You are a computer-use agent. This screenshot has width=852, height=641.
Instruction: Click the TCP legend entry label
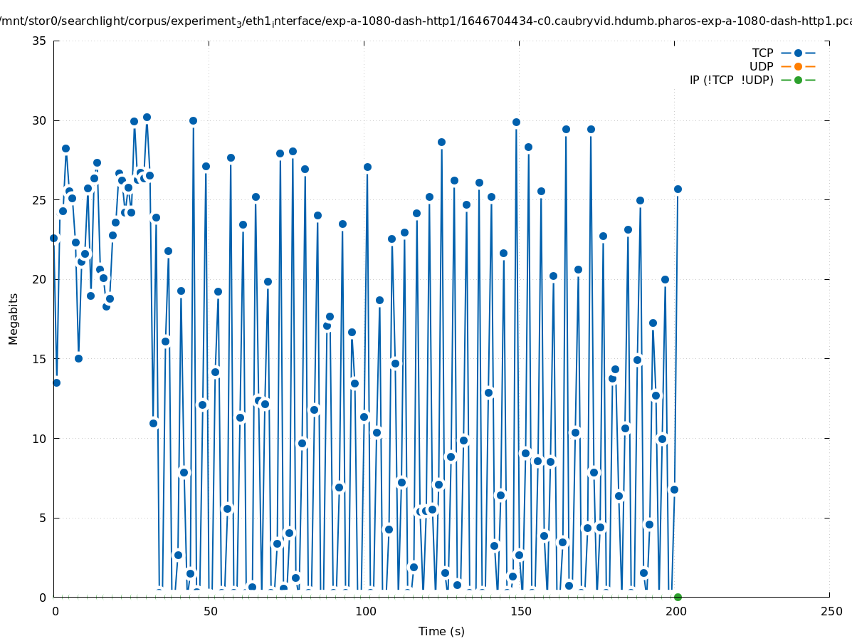pos(762,53)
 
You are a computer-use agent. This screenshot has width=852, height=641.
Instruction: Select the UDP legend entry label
pos(761,66)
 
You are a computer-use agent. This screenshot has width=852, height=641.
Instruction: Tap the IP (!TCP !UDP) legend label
pos(731,80)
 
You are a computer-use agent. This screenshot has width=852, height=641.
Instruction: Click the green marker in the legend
pos(798,80)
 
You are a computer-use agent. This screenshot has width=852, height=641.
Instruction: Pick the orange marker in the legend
pos(798,66)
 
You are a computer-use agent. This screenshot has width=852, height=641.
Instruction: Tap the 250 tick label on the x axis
pos(831,611)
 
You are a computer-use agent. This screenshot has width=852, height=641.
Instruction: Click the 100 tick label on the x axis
pos(364,611)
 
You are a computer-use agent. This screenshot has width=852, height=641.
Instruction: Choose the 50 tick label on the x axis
pos(209,611)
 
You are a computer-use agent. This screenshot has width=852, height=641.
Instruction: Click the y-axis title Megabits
pos(14,318)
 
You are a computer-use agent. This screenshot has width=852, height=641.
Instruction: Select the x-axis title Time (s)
pos(441,631)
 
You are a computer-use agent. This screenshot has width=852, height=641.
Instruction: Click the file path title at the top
pos(426,21)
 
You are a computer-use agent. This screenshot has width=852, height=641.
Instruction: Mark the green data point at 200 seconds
pos(678,597)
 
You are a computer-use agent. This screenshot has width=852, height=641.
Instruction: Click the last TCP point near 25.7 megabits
pos(678,189)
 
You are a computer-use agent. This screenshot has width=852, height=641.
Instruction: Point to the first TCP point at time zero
pos(53,238)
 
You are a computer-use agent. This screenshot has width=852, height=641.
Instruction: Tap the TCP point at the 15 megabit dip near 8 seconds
pos(78,358)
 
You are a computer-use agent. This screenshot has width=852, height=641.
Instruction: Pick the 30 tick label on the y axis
pos(40,120)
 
